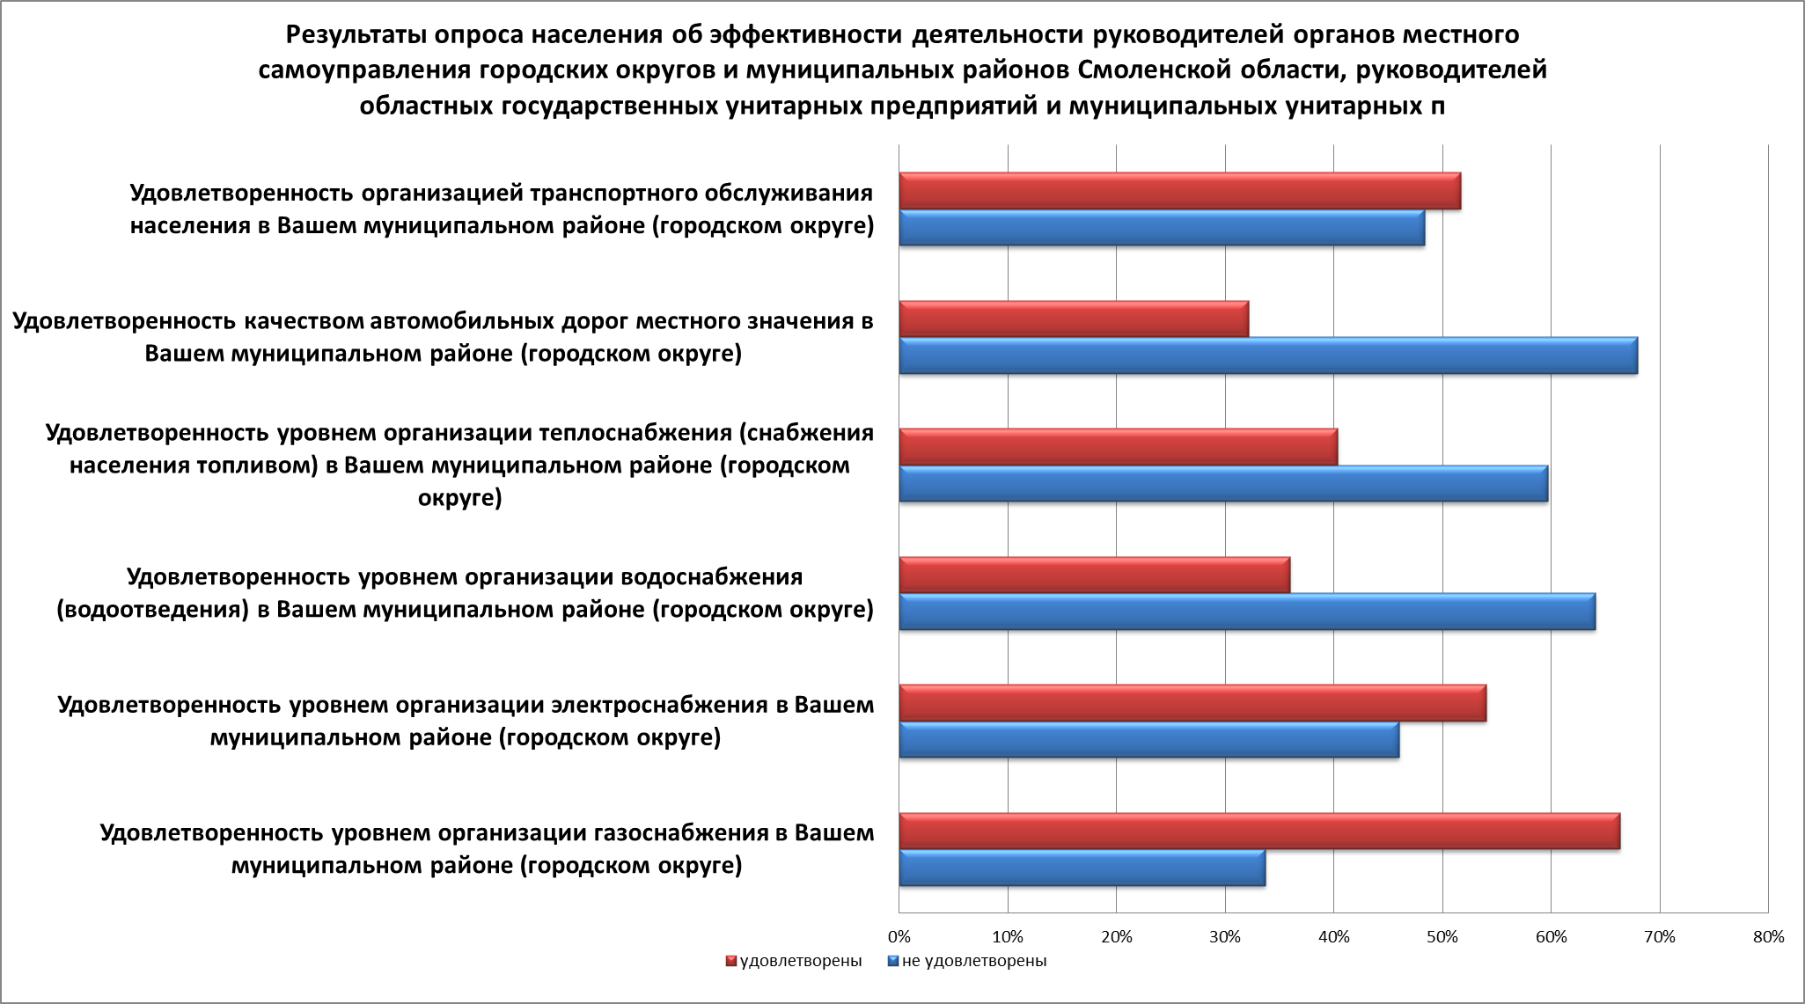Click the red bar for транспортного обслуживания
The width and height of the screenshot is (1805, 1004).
tap(1179, 191)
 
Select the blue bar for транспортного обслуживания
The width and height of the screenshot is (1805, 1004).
tap(1162, 228)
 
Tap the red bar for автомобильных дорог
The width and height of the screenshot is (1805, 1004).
tap(1074, 319)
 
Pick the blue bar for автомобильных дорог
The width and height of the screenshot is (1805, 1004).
tap(1268, 355)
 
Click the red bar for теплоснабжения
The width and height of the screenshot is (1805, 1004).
tap(1118, 447)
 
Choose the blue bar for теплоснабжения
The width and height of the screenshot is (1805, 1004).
tap(1223, 484)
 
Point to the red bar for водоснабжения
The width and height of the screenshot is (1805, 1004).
tap(1094, 575)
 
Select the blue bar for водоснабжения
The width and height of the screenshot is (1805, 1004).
tap(1247, 612)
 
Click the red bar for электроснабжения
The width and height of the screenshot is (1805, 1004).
tap(1192, 703)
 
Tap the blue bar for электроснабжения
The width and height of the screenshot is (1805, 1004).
tap(1148, 740)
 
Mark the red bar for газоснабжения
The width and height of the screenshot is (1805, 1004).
tap(1259, 832)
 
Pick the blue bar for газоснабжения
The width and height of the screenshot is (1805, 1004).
tap(1082, 868)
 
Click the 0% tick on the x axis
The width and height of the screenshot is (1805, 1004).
tap(899, 937)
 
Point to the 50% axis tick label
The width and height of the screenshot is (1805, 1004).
tap(1442, 937)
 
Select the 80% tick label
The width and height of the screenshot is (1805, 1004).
tap(1768, 937)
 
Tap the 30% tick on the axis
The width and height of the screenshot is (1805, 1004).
tap(1225, 937)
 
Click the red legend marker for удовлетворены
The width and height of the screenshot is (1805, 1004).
tap(730, 961)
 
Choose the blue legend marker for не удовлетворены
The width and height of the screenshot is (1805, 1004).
tap(893, 961)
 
